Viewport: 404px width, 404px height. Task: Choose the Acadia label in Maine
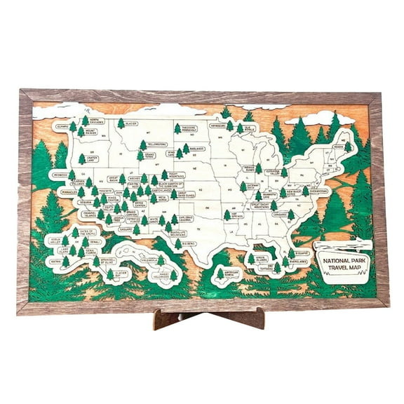point(338,147)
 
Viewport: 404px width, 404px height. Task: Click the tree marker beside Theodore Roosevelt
point(177,128)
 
